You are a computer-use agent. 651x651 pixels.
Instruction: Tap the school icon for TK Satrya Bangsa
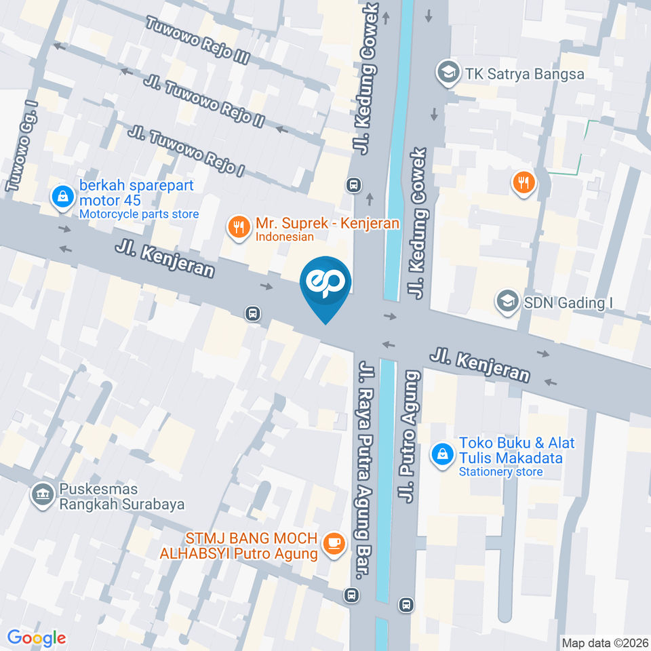pyautogui.click(x=447, y=73)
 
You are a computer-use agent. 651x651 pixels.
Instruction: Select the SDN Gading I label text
pyautogui.click(x=568, y=302)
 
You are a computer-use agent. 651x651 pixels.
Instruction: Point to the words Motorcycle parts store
pyautogui.click(x=139, y=214)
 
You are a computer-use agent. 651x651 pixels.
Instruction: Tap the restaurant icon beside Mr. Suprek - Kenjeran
pyautogui.click(x=237, y=228)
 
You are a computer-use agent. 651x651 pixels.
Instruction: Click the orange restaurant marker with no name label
pyautogui.click(x=524, y=182)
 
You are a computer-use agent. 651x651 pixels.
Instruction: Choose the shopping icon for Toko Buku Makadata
pyautogui.click(x=442, y=455)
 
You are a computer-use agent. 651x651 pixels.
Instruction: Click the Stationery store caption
pyautogui.click(x=500, y=472)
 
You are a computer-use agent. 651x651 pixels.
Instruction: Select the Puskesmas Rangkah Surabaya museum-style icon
pyautogui.click(x=43, y=494)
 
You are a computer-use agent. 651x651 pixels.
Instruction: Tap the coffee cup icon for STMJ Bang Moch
pyautogui.click(x=333, y=542)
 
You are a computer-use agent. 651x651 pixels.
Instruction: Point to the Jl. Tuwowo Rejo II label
pyautogui.click(x=204, y=101)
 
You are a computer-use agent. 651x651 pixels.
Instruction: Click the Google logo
pyautogui.click(x=37, y=638)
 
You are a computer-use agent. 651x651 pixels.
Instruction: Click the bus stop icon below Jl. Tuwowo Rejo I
pyautogui.click(x=353, y=184)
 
